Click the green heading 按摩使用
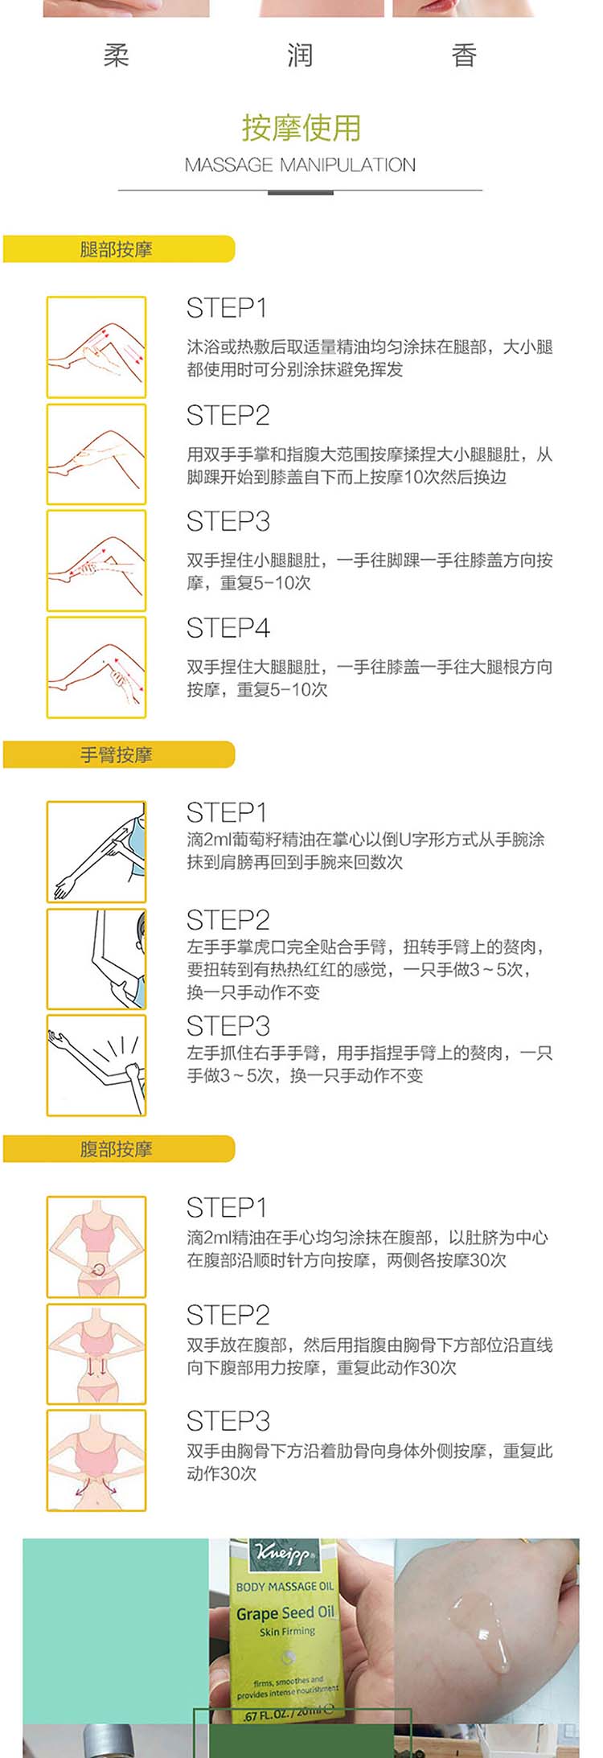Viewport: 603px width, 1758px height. coord(301,128)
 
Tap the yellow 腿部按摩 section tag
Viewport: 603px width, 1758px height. coord(118,249)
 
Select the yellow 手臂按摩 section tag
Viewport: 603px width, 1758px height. coord(118,755)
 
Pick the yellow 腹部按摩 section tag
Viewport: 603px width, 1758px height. coord(118,1149)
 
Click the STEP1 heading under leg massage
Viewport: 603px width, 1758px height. coord(227,308)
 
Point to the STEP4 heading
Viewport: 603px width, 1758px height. coord(228,628)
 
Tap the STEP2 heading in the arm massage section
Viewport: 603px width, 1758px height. coord(228,920)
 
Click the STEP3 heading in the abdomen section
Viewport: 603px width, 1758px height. coord(228,1421)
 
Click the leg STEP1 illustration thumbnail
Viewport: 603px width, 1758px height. coord(96,347)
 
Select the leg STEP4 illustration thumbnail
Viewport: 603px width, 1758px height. coord(96,667)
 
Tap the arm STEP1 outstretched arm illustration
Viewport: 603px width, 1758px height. coord(96,852)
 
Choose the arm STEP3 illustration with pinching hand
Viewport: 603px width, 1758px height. coord(96,1066)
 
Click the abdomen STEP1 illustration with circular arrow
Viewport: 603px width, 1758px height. coord(96,1247)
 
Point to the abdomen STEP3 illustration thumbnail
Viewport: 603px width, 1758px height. coord(96,1460)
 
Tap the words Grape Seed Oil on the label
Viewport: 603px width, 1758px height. coord(285,1612)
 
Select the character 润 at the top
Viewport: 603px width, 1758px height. coord(300,55)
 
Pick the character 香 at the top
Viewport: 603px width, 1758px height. coord(464,55)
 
